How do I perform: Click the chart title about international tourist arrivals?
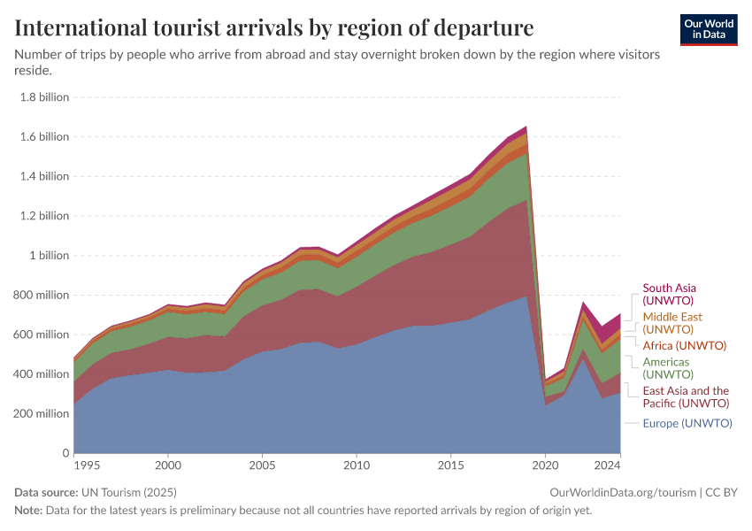click(274, 28)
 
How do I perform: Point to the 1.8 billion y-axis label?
click(44, 97)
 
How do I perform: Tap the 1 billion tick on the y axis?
click(48, 256)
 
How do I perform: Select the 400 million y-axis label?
click(41, 374)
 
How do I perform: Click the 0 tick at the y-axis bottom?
click(65, 453)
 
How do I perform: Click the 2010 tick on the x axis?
click(357, 465)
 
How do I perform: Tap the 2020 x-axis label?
click(545, 465)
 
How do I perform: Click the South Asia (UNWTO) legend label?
click(670, 294)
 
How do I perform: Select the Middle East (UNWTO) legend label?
click(673, 322)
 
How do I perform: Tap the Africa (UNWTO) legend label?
click(684, 345)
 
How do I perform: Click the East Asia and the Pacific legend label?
click(686, 396)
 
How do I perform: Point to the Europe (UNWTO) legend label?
click(687, 423)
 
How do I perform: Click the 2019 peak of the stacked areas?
click(526, 127)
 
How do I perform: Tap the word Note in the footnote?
click(27, 511)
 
